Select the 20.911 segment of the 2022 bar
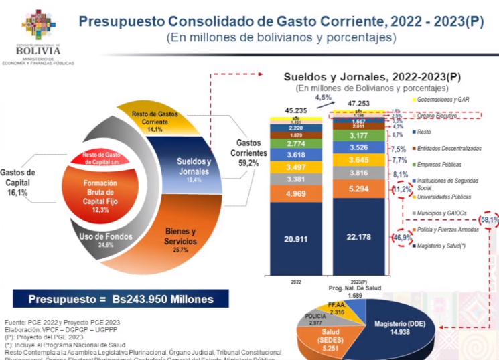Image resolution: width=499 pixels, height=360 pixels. point(295,238)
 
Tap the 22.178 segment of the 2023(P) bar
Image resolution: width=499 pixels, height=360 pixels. point(358,238)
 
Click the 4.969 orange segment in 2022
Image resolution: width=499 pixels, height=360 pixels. point(295,194)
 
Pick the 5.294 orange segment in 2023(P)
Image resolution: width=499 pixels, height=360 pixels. point(358,189)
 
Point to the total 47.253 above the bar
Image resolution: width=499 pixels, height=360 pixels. point(358,103)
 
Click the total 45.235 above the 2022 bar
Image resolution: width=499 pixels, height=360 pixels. point(295,110)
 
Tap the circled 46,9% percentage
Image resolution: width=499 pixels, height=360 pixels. point(401,238)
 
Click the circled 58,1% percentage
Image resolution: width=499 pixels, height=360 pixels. point(488,219)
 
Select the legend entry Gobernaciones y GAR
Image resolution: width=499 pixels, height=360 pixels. point(442,100)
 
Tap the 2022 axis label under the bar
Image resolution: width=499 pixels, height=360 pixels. point(295,282)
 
